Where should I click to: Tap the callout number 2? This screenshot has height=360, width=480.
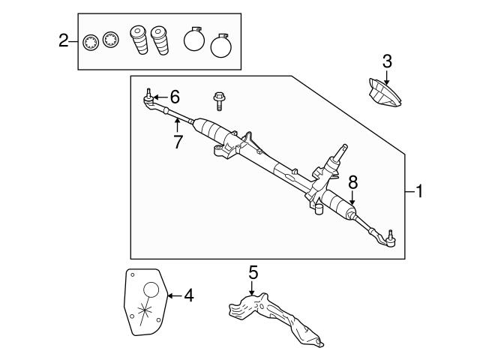64,40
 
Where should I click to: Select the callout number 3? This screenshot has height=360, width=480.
387,61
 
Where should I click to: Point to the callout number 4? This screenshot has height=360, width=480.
188,295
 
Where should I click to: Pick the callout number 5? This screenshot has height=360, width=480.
253,271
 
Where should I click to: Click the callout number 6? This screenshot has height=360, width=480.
175,96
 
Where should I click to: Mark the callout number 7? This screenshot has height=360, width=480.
178,141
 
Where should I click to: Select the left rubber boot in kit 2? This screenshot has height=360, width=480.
138,41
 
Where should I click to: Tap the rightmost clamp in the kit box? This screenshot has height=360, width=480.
221,45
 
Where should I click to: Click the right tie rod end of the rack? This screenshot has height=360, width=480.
388,239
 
